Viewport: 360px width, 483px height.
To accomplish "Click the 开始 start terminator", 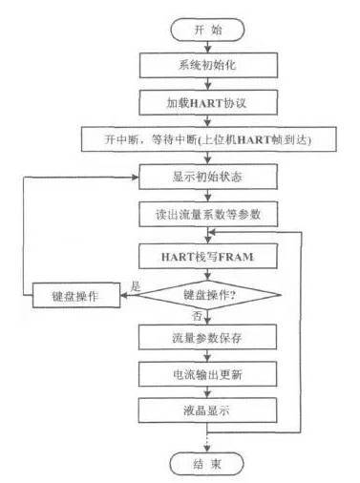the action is (x=207, y=30).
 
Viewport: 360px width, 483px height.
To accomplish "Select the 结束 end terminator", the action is (x=207, y=464).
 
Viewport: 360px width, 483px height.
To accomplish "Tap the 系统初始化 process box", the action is (x=208, y=65).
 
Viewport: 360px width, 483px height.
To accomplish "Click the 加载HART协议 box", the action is (x=208, y=102).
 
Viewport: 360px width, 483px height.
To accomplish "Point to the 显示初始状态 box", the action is (x=208, y=177).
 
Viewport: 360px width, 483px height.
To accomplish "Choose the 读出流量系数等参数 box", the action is (x=208, y=214).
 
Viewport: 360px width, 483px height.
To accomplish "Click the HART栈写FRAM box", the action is (x=208, y=256).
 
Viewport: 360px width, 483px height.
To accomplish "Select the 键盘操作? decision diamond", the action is (x=209, y=295).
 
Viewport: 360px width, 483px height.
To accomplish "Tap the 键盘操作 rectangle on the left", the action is (x=76, y=295).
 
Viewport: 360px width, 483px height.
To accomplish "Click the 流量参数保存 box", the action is (x=207, y=337).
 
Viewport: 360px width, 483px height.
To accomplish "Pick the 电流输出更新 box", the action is (x=207, y=374).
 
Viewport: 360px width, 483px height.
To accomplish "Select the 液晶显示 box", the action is (x=207, y=410).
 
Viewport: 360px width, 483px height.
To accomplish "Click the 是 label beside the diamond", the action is (x=136, y=286).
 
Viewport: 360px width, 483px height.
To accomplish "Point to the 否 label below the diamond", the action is (x=197, y=316).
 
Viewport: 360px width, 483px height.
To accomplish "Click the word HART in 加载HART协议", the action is (x=205, y=103).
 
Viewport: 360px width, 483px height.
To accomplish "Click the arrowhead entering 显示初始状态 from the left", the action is (x=136, y=177).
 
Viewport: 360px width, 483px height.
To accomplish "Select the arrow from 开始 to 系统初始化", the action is (x=208, y=47).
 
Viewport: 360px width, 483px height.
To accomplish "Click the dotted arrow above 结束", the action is (x=207, y=442).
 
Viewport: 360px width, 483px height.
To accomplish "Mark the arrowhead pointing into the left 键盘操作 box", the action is (x=124, y=295).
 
